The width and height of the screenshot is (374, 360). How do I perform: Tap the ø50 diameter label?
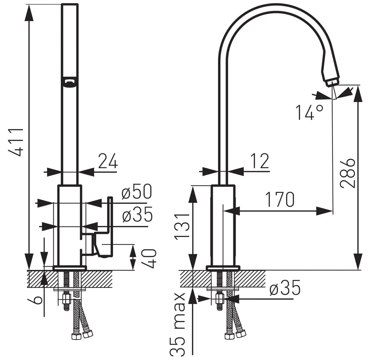click(136, 191)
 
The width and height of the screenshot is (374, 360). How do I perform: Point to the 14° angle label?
click(310, 112)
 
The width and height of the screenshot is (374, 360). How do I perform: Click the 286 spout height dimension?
click(348, 173)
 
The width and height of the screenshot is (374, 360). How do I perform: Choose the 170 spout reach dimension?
click(280, 199)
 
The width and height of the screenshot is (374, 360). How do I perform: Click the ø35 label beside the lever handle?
click(137, 214)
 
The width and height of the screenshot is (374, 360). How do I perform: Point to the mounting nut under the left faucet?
click(67, 298)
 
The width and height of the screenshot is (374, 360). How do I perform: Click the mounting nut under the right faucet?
click(220, 298)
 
